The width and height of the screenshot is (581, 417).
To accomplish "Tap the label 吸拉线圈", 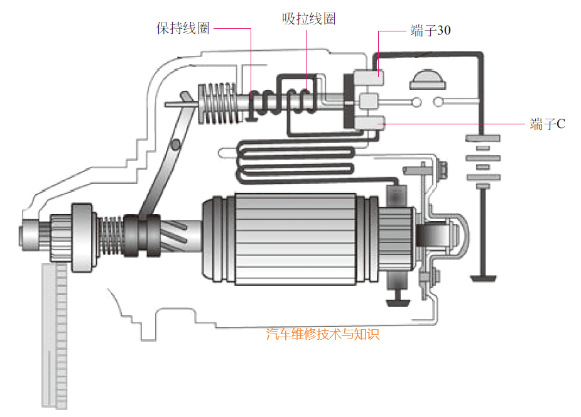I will pyautogui.click(x=308, y=19).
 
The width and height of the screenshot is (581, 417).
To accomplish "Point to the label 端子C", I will pyautogui.click(x=548, y=124).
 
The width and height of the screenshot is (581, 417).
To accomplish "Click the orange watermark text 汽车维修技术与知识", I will pyautogui.click(x=323, y=333).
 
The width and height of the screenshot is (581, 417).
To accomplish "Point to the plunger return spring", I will pyautogui.click(x=215, y=104).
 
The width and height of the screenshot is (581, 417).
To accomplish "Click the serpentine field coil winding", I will pyautogui.click(x=295, y=162).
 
